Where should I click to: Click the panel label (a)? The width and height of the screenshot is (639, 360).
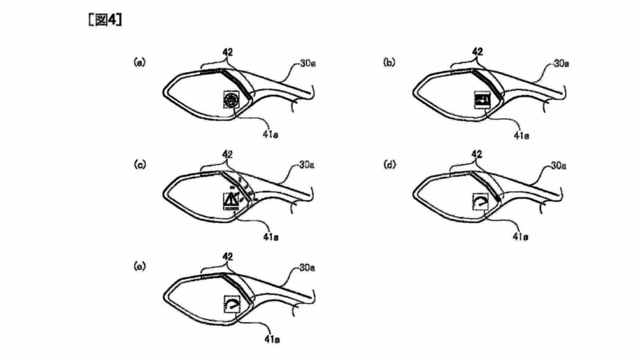[140, 62]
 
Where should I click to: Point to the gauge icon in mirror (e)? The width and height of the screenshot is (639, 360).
[231, 304]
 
